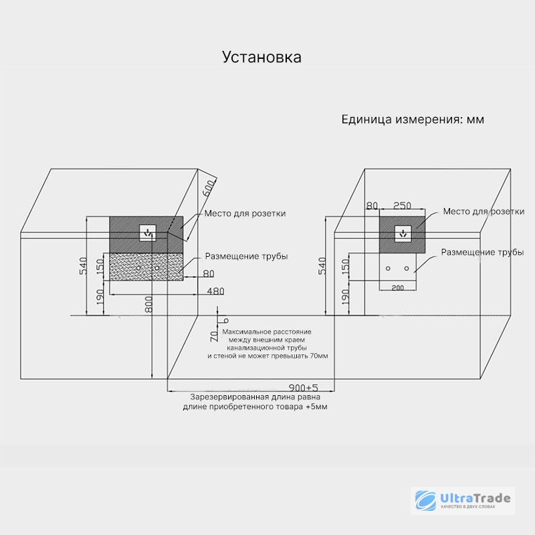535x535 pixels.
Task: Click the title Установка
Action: point(261,58)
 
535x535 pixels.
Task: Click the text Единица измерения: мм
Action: point(413,120)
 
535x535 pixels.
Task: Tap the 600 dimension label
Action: point(209,189)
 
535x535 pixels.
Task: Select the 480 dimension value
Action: point(215,291)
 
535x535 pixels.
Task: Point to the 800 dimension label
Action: point(148,304)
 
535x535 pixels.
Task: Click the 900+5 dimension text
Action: point(304,388)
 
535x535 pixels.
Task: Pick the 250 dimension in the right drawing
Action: point(403,206)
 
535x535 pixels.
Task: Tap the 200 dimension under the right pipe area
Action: point(397,288)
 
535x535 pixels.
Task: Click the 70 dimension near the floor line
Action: point(214,336)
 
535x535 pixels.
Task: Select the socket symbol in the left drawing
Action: point(148,233)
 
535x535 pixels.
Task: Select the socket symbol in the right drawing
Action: point(403,233)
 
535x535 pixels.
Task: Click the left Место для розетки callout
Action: point(245,213)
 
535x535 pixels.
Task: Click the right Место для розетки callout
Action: point(484,211)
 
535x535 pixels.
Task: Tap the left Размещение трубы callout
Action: point(246,256)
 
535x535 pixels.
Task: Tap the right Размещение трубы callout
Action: point(482,252)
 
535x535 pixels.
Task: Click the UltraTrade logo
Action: point(463,500)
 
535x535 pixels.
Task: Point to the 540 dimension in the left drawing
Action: point(83,265)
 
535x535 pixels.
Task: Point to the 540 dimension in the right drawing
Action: point(322,265)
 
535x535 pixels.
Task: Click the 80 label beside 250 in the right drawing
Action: point(372,206)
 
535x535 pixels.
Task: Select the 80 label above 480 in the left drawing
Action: point(209,274)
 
